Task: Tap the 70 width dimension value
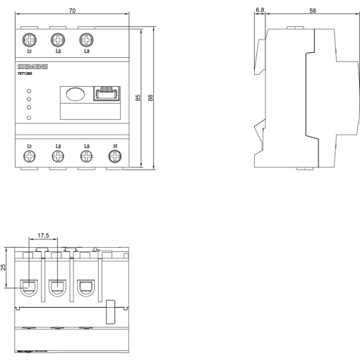click(x=71, y=12)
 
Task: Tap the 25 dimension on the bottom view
click(x=5, y=268)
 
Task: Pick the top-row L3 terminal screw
click(x=86, y=40)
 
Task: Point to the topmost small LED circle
click(x=29, y=92)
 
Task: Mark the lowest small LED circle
click(x=29, y=117)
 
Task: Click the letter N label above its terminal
click(x=115, y=146)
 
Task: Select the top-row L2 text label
click(x=58, y=52)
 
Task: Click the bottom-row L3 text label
click(x=86, y=146)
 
